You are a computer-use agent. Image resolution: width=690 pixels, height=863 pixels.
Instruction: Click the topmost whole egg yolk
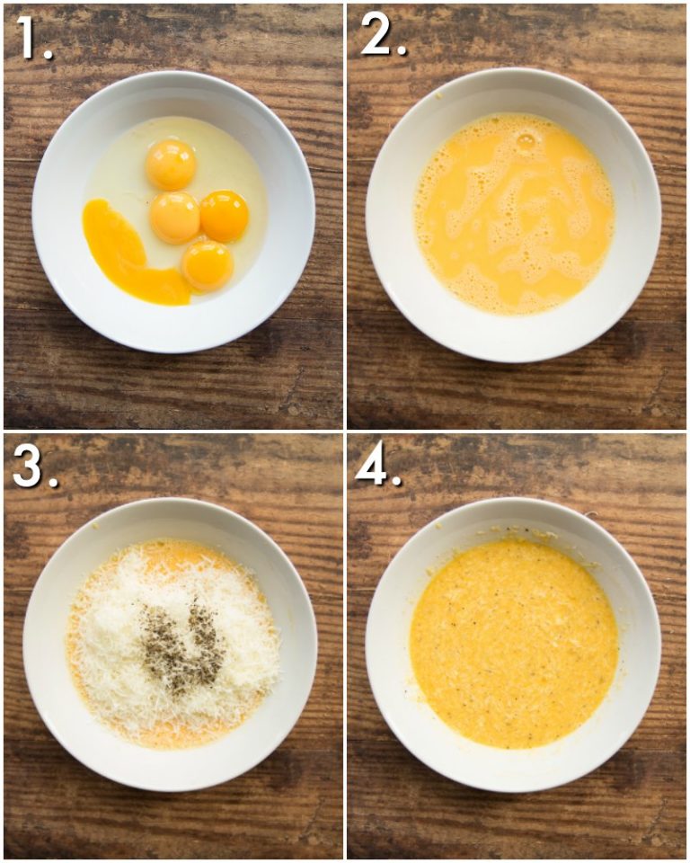click(171, 165)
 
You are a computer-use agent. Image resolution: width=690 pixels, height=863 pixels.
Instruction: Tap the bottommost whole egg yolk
click(208, 265)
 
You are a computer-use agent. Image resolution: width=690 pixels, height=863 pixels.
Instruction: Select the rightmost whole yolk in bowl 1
click(224, 216)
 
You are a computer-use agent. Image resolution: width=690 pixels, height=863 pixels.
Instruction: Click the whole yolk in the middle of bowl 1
click(174, 218)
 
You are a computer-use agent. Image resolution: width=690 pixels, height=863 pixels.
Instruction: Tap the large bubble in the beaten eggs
click(526, 140)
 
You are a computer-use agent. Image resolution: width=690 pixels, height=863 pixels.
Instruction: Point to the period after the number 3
click(53, 482)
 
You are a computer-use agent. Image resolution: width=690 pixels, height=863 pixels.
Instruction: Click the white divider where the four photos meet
click(345, 431)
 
